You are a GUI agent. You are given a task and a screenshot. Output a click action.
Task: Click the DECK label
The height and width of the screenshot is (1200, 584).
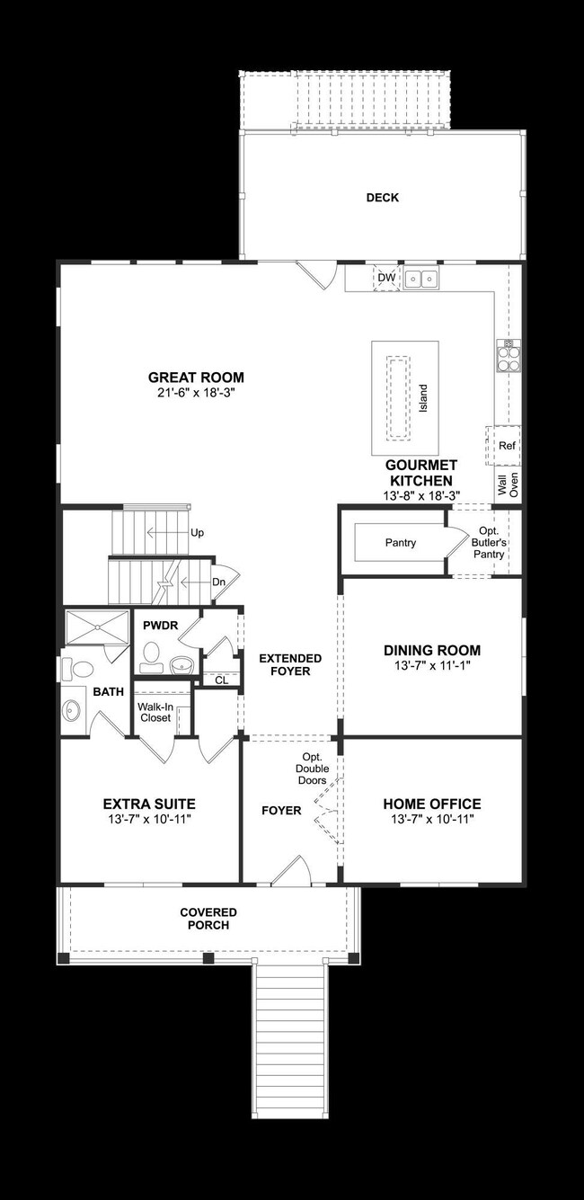(x=382, y=198)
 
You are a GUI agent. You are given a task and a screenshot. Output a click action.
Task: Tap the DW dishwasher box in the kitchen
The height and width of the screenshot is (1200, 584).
(x=385, y=279)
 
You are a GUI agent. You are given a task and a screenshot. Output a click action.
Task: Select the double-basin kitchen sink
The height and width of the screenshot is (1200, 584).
(x=420, y=279)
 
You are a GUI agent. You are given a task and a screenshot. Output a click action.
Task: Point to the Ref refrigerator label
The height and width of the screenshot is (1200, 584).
(x=507, y=446)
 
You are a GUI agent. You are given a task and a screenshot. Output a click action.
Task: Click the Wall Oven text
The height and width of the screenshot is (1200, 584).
(x=508, y=485)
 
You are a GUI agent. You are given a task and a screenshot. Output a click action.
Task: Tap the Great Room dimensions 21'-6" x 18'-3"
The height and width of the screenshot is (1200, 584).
(x=196, y=394)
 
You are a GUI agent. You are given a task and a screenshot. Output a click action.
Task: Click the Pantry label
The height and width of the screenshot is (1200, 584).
(x=400, y=543)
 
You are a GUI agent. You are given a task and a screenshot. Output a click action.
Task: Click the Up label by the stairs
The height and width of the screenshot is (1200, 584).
(x=197, y=532)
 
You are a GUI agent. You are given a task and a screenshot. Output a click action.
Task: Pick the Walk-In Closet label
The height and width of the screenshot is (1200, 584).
(x=155, y=712)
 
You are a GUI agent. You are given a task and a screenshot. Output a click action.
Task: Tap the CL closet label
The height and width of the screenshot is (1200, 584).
(x=221, y=680)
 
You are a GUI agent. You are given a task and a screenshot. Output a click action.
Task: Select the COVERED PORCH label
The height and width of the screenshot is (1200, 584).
(x=208, y=919)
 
